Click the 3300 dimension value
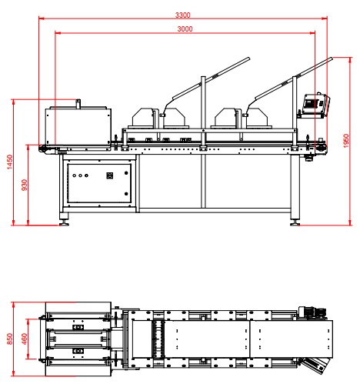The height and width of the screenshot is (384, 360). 182,15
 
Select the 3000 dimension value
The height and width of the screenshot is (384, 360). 185,28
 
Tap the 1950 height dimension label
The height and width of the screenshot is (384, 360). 346,141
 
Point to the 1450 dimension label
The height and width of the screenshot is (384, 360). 9,162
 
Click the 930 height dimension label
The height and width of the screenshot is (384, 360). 25,185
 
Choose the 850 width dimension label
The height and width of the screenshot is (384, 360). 9,339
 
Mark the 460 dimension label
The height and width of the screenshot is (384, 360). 25,339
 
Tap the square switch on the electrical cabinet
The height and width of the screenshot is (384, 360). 110,175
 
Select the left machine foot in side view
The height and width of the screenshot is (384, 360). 64,222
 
